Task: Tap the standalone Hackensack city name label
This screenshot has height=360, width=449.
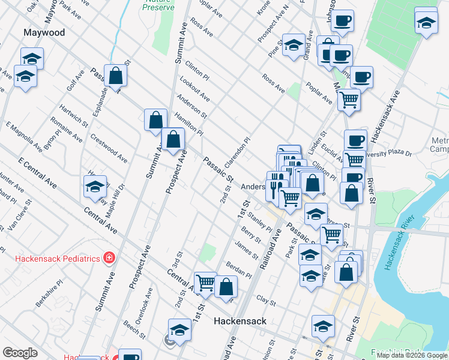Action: [240, 321]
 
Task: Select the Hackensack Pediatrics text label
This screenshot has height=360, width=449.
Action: [57, 259]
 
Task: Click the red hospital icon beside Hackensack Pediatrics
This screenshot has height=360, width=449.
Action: [109, 258]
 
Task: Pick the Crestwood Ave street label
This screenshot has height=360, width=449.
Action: [109, 148]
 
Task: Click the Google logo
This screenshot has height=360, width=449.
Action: [20, 353]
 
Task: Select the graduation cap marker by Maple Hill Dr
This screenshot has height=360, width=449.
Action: [95, 188]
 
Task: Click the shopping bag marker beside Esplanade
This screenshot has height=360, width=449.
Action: [116, 77]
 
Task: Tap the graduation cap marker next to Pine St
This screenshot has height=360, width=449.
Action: [294, 45]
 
